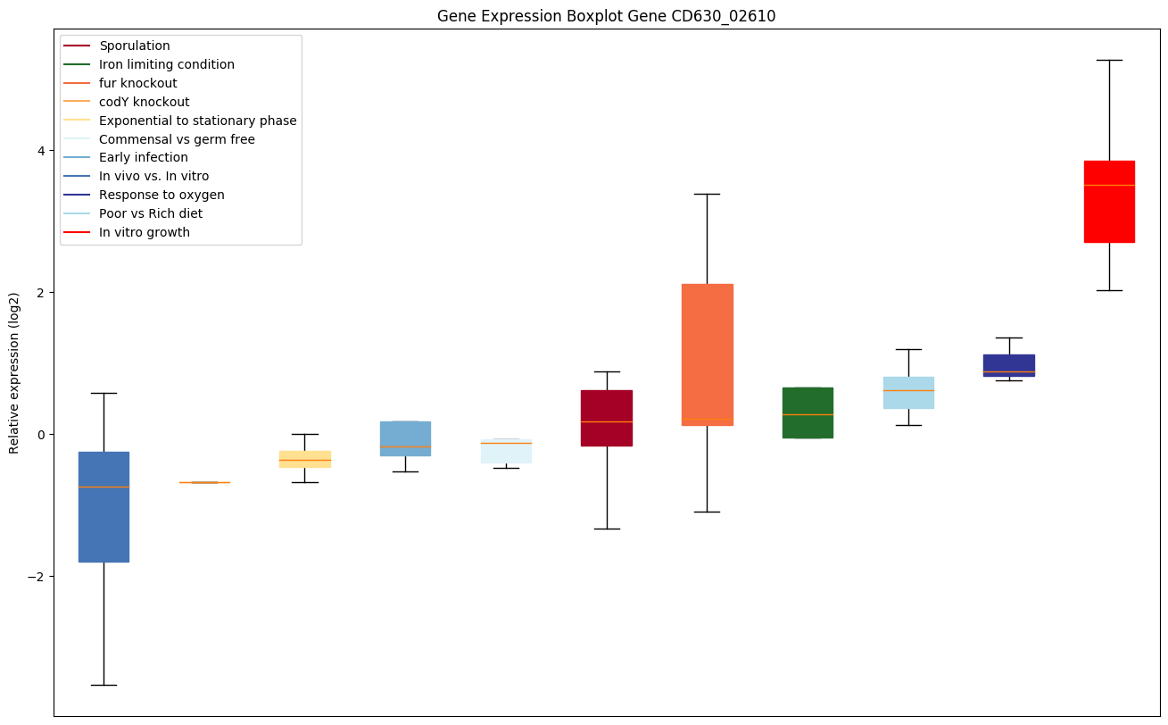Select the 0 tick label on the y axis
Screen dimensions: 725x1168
41,435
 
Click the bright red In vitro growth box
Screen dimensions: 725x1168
1109,202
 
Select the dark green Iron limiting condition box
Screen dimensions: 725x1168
808,412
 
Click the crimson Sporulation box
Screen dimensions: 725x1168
607,418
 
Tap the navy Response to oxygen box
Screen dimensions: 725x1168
1008,365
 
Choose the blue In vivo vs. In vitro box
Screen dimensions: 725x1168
104,507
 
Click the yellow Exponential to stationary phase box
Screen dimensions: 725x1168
305,459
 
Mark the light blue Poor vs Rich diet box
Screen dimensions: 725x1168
908,393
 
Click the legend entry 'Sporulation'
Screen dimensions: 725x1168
135,46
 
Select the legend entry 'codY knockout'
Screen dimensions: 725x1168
145,102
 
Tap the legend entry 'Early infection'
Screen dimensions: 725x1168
144,158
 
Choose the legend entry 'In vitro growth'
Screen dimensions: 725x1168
145,233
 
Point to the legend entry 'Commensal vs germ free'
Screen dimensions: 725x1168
177,139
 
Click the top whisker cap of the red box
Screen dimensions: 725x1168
1109,60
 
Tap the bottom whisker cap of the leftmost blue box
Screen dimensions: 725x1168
104,685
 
